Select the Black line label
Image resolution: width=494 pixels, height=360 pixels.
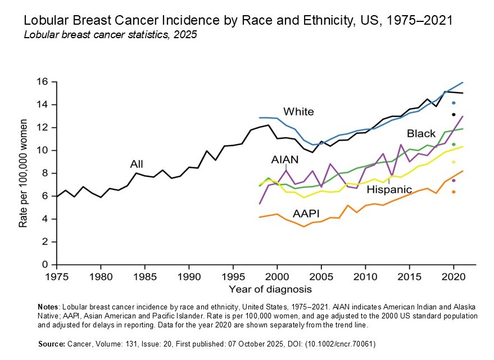(x=421, y=134)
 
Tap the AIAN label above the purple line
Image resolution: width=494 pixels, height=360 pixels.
(x=285, y=159)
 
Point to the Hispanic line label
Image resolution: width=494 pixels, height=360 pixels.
(x=389, y=190)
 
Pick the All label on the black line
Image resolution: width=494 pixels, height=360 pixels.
(x=137, y=164)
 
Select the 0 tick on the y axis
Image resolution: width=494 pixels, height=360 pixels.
(x=48, y=265)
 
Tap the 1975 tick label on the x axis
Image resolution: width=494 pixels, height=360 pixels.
(x=57, y=276)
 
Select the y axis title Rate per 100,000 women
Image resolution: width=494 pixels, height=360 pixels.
(x=23, y=173)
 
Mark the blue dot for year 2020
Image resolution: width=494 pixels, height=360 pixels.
(x=454, y=103)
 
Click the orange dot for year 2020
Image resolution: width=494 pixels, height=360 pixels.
(x=454, y=192)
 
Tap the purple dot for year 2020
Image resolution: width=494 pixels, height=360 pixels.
(x=454, y=180)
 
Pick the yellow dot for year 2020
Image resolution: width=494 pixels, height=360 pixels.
(x=454, y=162)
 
